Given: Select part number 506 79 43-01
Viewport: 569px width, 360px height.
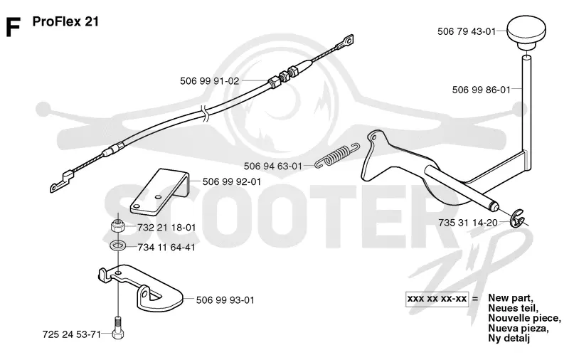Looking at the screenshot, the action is click(x=467, y=31).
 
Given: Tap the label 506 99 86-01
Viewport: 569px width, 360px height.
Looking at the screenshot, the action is click(x=482, y=90).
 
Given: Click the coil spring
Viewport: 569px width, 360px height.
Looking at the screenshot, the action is click(x=337, y=155).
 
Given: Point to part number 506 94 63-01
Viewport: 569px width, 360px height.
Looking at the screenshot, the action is click(x=273, y=166).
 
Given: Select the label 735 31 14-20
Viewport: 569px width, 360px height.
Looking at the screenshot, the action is click(x=468, y=223).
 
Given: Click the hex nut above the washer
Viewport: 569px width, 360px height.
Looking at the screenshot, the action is click(x=117, y=227).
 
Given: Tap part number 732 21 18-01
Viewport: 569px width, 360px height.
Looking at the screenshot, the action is click(x=166, y=228).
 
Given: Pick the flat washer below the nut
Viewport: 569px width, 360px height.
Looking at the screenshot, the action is click(x=117, y=245).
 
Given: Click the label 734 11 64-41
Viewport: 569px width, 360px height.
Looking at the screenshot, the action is click(x=166, y=248).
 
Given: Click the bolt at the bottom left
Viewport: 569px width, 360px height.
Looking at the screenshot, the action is click(x=118, y=328).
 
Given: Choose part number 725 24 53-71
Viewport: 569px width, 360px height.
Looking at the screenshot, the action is click(x=72, y=334).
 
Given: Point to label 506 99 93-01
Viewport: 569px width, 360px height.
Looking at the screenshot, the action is click(x=225, y=300).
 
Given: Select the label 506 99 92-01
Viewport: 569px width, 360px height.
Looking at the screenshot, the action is click(x=232, y=181).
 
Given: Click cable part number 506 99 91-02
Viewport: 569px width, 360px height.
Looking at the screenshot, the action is click(x=210, y=81).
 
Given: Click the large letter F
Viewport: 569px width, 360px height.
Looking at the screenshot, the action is click(x=13, y=27).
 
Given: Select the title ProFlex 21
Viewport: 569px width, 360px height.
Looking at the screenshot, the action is click(x=65, y=21).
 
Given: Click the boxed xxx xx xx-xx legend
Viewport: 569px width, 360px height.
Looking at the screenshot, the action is click(x=437, y=299).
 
